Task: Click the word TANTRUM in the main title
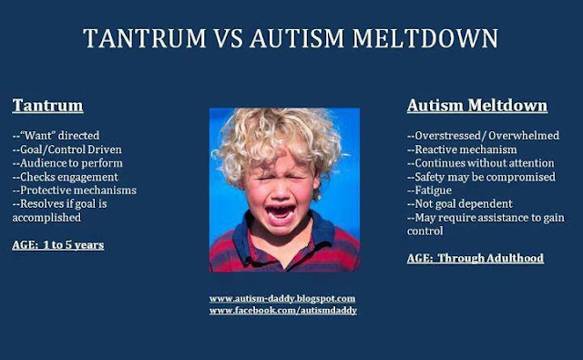click(145, 38)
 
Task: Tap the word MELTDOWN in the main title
click(425, 38)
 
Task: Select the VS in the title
click(229, 38)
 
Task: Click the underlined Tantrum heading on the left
click(47, 105)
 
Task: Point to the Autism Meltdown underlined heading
click(477, 105)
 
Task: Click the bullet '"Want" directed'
click(56, 136)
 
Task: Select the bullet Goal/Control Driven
click(66, 149)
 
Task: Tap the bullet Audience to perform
click(67, 163)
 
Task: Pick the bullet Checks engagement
click(65, 177)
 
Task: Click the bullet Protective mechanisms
click(75, 190)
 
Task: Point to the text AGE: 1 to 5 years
click(58, 245)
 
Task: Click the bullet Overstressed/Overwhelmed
click(483, 136)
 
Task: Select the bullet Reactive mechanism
click(462, 149)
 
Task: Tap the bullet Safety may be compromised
click(481, 177)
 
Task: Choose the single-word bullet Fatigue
click(429, 190)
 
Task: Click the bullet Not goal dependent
click(459, 204)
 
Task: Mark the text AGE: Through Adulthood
click(476, 258)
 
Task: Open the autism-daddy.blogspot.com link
click(282, 299)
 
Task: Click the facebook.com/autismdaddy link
click(283, 310)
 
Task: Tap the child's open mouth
click(281, 213)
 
